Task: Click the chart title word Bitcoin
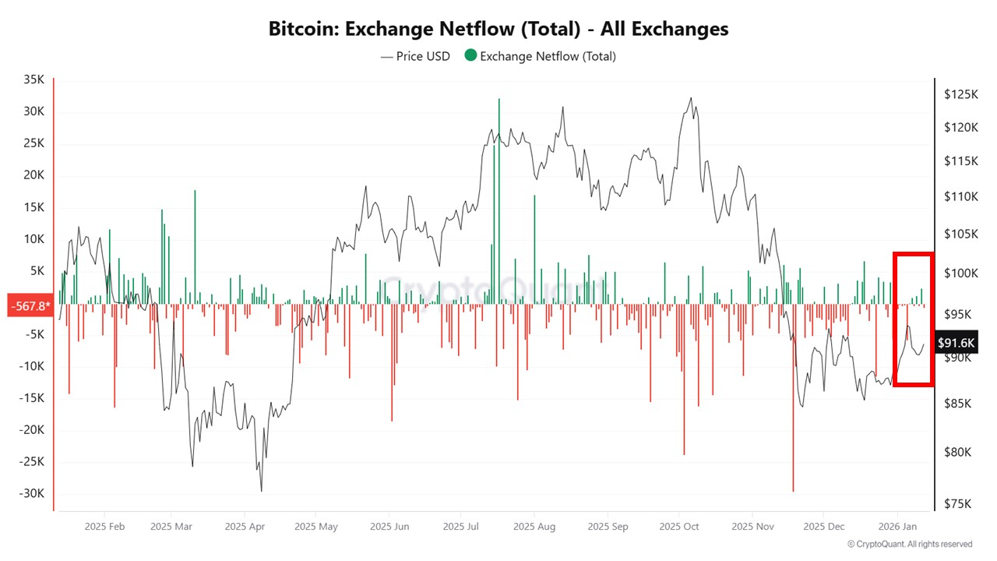pyautogui.click(x=303, y=29)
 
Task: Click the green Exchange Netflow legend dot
pyautogui.click(x=470, y=56)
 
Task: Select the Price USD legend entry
pyautogui.click(x=415, y=56)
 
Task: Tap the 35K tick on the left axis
pyautogui.click(x=33, y=79)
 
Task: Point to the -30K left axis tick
pyautogui.click(x=32, y=493)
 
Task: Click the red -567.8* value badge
pyautogui.click(x=30, y=305)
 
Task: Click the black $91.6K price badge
pyautogui.click(x=956, y=342)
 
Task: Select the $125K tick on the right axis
pyautogui.click(x=960, y=94)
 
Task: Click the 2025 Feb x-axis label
pyautogui.click(x=104, y=527)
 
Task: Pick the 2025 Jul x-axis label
pyautogui.click(x=461, y=527)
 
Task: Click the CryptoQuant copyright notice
pyautogui.click(x=910, y=544)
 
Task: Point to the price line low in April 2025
pyautogui.click(x=261, y=490)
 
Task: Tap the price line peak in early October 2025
pyautogui.click(x=690, y=98)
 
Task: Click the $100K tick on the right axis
pyautogui.click(x=960, y=273)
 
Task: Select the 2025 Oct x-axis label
pyautogui.click(x=679, y=527)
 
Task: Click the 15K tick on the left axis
pyautogui.click(x=33, y=206)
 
